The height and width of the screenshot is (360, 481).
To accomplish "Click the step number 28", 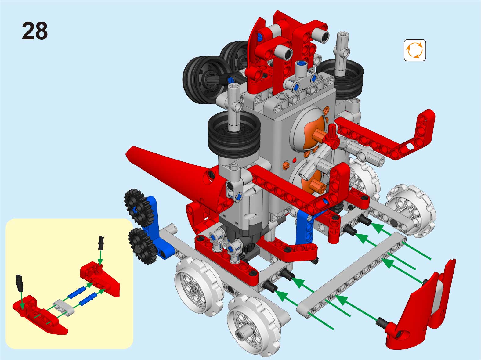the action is (34, 31).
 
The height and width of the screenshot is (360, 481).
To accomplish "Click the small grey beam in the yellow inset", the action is (64, 308).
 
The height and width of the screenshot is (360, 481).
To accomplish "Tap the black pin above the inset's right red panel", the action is (101, 243).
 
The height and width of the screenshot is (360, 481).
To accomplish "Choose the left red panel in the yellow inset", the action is (39, 315).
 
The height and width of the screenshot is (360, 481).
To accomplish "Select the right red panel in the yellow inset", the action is (100, 278).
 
